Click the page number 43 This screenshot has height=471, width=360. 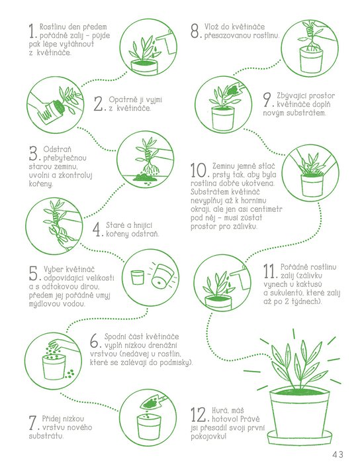tap(337, 454)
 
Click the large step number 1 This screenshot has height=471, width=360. tap(32, 31)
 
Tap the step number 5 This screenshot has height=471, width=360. tap(33, 273)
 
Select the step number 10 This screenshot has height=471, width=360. tap(199, 170)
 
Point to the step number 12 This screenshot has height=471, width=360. tap(198, 415)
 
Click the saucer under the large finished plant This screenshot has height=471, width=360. tap(300, 437)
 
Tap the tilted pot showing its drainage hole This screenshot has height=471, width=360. tap(161, 276)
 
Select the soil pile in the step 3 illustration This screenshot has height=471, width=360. tap(142, 177)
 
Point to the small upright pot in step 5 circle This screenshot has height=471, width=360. tap(138, 277)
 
